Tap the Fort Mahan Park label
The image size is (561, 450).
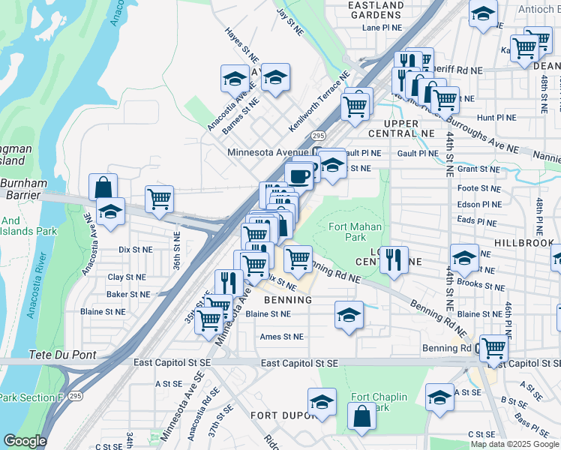(x=355, y=232)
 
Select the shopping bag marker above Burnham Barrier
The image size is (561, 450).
(x=103, y=187)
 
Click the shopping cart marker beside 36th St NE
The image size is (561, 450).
(x=160, y=199)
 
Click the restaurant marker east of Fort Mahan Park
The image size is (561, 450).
(x=394, y=259)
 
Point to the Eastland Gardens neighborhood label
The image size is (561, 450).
(x=375, y=10)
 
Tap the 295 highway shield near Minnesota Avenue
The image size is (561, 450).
(x=318, y=136)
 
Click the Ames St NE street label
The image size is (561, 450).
(x=282, y=337)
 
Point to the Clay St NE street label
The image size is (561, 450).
(x=125, y=277)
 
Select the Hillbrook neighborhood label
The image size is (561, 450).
(x=526, y=244)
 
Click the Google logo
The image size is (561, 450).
(x=25, y=441)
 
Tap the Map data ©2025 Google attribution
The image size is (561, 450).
(x=514, y=444)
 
